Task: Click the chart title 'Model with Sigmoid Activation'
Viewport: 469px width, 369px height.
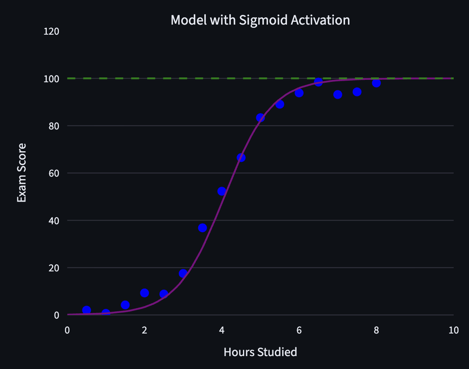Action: point(260,20)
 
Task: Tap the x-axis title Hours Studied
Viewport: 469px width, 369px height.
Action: point(260,352)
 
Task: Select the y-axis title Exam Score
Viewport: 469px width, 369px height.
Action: point(22,173)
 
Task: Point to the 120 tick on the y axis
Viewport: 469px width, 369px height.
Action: point(52,31)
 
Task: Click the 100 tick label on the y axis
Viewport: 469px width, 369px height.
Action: point(52,79)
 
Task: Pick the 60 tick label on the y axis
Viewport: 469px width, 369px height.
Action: point(54,173)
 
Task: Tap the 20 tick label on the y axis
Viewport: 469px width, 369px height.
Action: point(54,268)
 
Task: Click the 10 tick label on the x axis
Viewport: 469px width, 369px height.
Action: point(453,330)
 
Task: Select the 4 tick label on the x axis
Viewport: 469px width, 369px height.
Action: point(222,330)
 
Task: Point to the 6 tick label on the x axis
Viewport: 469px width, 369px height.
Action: point(299,330)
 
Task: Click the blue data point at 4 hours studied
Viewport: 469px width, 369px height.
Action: point(222,191)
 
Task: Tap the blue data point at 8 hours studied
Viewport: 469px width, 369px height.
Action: point(377,83)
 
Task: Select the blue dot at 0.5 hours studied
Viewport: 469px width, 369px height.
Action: point(86,310)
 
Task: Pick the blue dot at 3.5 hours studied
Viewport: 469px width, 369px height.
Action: point(203,228)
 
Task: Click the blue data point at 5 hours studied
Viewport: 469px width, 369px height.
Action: point(260,118)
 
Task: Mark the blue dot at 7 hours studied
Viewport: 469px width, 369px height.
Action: point(338,94)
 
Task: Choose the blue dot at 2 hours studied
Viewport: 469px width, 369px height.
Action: point(144,293)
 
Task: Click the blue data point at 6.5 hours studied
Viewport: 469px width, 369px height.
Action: point(318,82)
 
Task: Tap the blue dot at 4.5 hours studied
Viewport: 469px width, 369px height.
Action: point(241,158)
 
